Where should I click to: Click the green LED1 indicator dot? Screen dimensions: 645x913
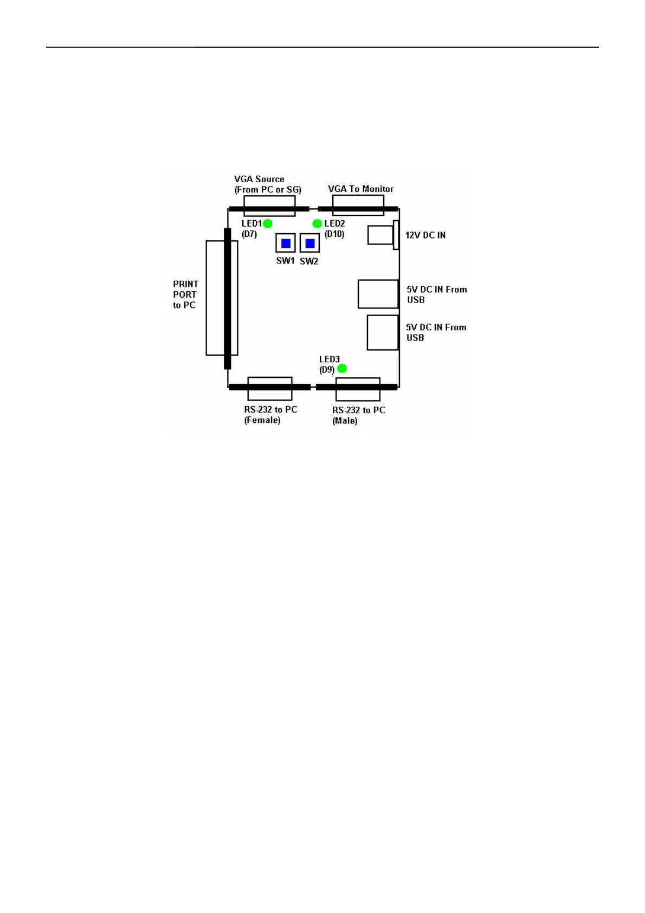pyautogui.click(x=267, y=223)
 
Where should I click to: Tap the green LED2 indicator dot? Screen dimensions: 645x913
pyautogui.click(x=317, y=223)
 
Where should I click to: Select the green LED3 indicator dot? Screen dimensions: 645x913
pyautogui.click(x=342, y=369)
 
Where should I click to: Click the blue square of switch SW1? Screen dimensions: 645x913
pyautogui.click(x=286, y=243)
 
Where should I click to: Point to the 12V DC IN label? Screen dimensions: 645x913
pyautogui.click(x=425, y=235)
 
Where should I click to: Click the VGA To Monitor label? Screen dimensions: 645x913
pyautogui.click(x=360, y=189)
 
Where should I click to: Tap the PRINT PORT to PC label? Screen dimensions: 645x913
pyautogui.click(x=185, y=294)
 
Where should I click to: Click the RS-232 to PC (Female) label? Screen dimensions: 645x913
pyautogui.click(x=270, y=415)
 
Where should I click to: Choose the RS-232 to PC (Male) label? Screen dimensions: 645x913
pyautogui.click(x=358, y=415)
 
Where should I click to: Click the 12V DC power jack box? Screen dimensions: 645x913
pyautogui.click(x=380, y=235)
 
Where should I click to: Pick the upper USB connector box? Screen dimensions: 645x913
pyautogui.click(x=378, y=294)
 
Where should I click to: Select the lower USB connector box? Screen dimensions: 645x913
pyautogui.click(x=383, y=332)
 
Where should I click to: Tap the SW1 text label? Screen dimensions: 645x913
pyautogui.click(x=285, y=261)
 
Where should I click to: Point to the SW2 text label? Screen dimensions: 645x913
pyautogui.click(x=309, y=261)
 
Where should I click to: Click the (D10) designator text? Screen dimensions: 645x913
pyautogui.click(x=334, y=234)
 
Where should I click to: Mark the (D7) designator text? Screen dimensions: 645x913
pyautogui.click(x=249, y=234)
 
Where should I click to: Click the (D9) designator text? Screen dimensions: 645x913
pyautogui.click(x=327, y=370)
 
